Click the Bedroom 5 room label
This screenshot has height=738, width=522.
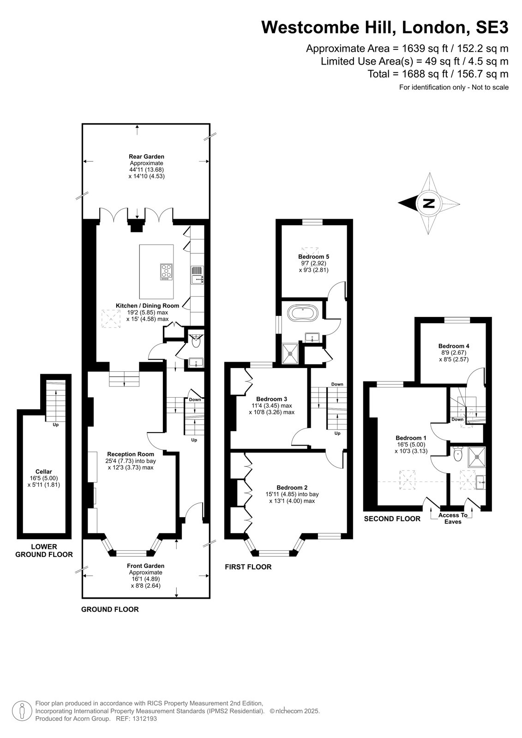[313, 256]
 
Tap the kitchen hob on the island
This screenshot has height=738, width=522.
[167, 272]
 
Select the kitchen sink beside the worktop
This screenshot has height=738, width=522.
[197, 275]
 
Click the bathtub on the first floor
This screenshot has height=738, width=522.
[303, 313]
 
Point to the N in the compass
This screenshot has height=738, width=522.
[429, 203]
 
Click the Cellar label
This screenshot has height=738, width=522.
[44, 471]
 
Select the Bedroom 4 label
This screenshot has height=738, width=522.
[454, 346]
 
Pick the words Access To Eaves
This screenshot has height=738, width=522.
[453, 518]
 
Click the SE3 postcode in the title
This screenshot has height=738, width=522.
[492, 27]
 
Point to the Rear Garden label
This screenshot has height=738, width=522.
[146, 156]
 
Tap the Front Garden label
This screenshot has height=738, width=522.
[145, 565]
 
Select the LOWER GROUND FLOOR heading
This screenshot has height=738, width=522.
[44, 551]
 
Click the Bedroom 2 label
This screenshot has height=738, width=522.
[292, 488]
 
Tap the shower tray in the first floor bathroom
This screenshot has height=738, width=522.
[290, 353]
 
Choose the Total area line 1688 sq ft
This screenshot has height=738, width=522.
[438, 74]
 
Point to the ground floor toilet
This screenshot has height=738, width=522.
[196, 341]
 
